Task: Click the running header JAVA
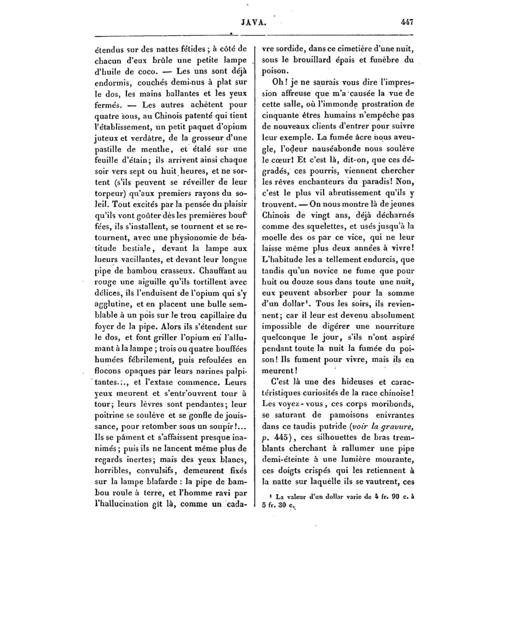tap(253, 22)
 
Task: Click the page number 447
tap(407, 22)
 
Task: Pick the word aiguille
tap(151, 282)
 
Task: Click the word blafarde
tap(165, 482)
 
